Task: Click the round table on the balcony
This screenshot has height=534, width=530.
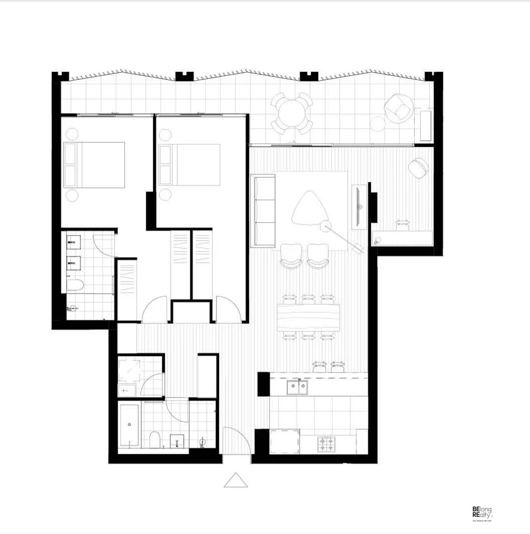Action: [x=292, y=113]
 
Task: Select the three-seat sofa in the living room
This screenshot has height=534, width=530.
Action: [x=263, y=211]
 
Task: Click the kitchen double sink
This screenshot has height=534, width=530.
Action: [x=297, y=387]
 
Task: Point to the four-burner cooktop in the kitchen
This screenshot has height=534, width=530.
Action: [x=326, y=444]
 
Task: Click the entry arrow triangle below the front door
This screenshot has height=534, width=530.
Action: [x=236, y=480]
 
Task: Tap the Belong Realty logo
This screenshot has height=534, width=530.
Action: [x=481, y=513]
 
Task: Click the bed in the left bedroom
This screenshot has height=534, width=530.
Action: [x=94, y=165]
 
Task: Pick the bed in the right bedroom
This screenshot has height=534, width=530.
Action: [x=189, y=165]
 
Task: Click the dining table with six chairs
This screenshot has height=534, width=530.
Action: [x=309, y=317]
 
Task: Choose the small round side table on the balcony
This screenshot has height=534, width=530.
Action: [x=377, y=123]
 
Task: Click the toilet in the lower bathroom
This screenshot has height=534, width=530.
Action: [x=156, y=440]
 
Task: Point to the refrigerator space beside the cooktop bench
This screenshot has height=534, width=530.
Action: [x=284, y=442]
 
